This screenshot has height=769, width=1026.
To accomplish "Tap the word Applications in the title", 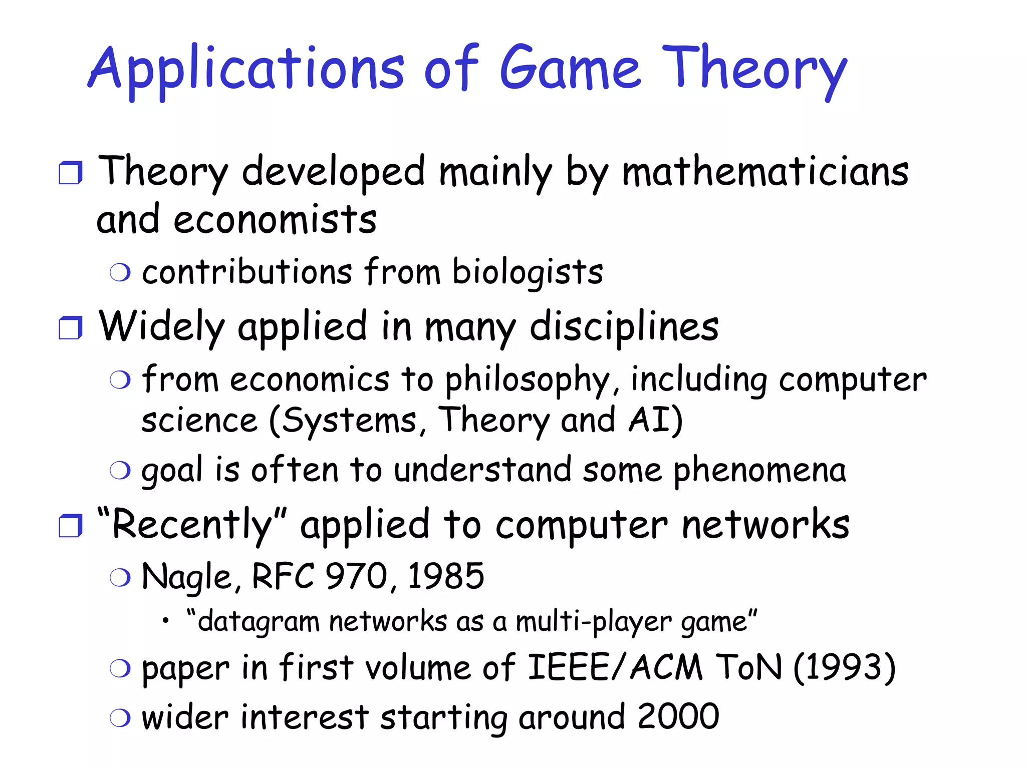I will [245, 70].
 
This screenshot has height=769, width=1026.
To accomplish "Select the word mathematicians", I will [765, 172].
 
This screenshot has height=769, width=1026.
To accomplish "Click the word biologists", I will [528, 272].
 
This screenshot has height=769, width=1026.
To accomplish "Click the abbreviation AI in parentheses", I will [650, 420].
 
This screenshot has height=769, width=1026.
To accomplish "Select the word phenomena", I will [759, 471].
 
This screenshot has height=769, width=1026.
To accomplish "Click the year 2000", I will [678, 716].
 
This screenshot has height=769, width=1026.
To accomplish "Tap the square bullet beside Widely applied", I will [70, 328].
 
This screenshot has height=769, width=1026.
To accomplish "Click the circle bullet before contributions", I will [120, 273].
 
